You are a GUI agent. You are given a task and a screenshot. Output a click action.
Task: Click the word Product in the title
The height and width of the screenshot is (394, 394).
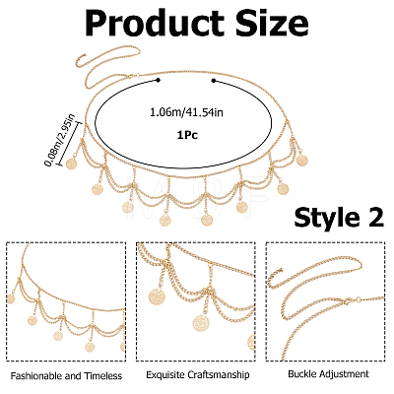[x=155, y=25]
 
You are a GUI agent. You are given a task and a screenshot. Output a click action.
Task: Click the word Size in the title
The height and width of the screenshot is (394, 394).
[x=273, y=23]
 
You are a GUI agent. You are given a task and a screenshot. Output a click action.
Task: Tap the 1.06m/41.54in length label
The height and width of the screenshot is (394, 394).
[x=186, y=112]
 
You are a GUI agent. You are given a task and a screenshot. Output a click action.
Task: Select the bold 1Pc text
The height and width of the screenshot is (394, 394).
[x=187, y=135]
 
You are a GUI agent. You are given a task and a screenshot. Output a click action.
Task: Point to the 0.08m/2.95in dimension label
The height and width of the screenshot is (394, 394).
[x=59, y=139]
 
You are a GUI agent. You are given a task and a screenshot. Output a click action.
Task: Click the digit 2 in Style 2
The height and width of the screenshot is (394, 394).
[x=373, y=217]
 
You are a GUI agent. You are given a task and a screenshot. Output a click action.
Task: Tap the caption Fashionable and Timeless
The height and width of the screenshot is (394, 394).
[x=66, y=375]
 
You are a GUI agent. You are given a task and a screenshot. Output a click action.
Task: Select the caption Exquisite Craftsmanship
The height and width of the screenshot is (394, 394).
[x=198, y=374]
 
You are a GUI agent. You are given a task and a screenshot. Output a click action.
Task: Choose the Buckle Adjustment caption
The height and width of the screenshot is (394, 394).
[x=328, y=374]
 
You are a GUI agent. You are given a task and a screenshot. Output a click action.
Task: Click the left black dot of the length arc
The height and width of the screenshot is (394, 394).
[x=159, y=80]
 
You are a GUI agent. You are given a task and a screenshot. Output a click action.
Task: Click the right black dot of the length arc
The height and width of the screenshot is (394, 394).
[x=214, y=80]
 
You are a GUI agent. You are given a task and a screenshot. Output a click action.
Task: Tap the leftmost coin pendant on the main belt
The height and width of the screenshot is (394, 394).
[x=71, y=164]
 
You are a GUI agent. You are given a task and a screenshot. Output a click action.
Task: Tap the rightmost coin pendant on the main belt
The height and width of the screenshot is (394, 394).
[x=302, y=160]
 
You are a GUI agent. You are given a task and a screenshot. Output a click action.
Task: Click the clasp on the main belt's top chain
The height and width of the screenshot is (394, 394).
[x=130, y=77]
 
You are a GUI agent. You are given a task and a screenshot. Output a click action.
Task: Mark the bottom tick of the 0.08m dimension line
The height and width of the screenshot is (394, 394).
[x=60, y=164]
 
